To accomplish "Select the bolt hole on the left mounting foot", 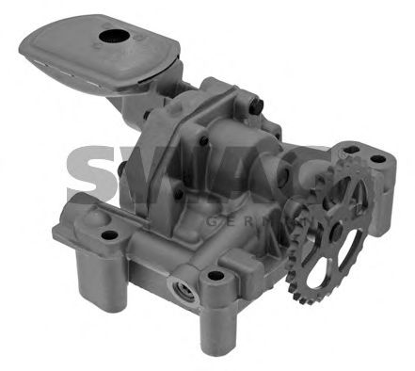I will pyautogui.click(x=107, y=235).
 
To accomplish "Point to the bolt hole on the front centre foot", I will pyautogui.click(x=215, y=277).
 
